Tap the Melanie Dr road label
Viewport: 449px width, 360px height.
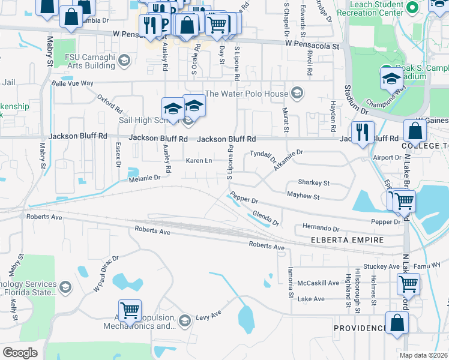[x=145, y=178]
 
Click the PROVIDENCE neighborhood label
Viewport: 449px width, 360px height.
[x=360, y=328]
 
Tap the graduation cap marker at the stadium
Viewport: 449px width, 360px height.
[x=391, y=79]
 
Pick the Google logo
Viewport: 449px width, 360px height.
[x=20, y=352]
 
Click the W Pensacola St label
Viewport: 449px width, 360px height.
[x=312, y=44]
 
